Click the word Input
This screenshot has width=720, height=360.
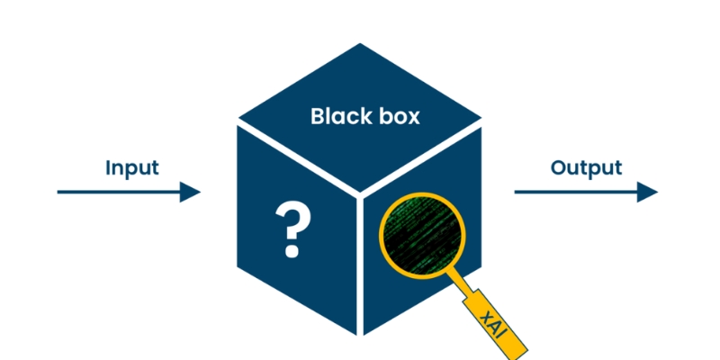tap(131, 168)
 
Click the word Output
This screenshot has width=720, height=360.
tap(586, 168)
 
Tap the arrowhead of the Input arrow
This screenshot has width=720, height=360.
tap(190, 192)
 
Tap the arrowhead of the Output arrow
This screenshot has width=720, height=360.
tap(647, 192)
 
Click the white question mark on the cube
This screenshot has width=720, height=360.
tap(290, 228)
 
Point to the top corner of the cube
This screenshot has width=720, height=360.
tap(360, 43)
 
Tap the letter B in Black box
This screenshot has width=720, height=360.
tap(317, 117)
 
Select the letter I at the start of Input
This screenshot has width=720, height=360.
tap(109, 168)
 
